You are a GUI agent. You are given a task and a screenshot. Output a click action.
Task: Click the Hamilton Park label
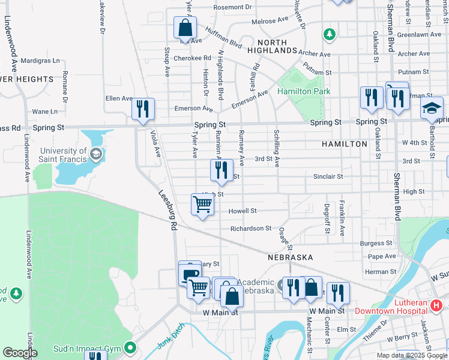(x=304, y=91)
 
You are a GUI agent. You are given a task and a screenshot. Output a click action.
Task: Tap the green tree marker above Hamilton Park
(x=329, y=34)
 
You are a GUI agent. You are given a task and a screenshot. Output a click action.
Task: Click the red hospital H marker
(x=436, y=307)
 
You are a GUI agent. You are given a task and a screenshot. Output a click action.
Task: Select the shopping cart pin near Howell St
(x=203, y=205)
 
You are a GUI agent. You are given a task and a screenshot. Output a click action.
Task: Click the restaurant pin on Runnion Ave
(x=221, y=170)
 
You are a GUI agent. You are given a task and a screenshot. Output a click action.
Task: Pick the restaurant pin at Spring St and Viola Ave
(x=143, y=109)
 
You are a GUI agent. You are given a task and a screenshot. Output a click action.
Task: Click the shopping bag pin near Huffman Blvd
(x=185, y=28)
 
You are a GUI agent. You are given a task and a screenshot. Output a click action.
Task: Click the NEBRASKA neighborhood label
(x=291, y=257)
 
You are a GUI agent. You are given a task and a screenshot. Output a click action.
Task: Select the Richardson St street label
(x=252, y=229)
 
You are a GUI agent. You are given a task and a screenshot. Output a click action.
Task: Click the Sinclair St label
(x=328, y=177)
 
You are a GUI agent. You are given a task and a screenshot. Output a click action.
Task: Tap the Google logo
(x=19, y=353)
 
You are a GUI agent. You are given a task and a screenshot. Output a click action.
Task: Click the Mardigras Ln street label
(x=40, y=61)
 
